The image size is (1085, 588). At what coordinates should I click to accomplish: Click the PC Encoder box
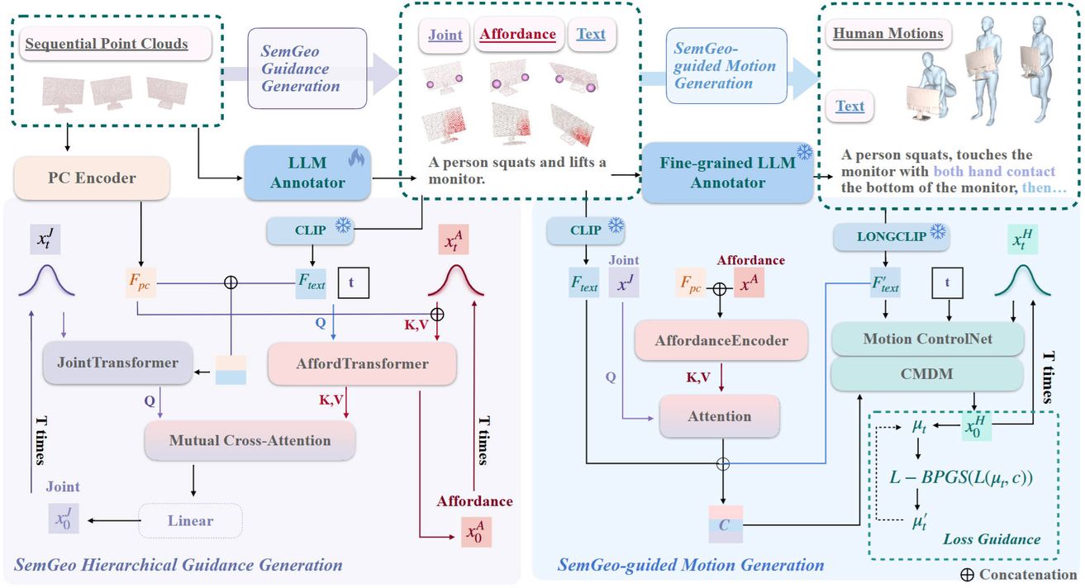[x=92, y=178]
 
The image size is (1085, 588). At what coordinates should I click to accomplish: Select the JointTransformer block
[x=112, y=364]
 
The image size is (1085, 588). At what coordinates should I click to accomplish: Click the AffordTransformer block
[x=362, y=364]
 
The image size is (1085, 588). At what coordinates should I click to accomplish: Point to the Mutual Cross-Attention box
[x=250, y=440]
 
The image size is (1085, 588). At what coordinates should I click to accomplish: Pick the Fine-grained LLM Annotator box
[x=727, y=172]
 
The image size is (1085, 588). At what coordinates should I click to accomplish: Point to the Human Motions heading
[x=888, y=34]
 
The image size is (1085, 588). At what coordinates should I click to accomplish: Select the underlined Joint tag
[x=445, y=35]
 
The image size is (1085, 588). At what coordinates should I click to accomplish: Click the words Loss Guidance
[x=991, y=539]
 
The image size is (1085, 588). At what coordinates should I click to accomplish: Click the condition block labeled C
[x=724, y=524]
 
